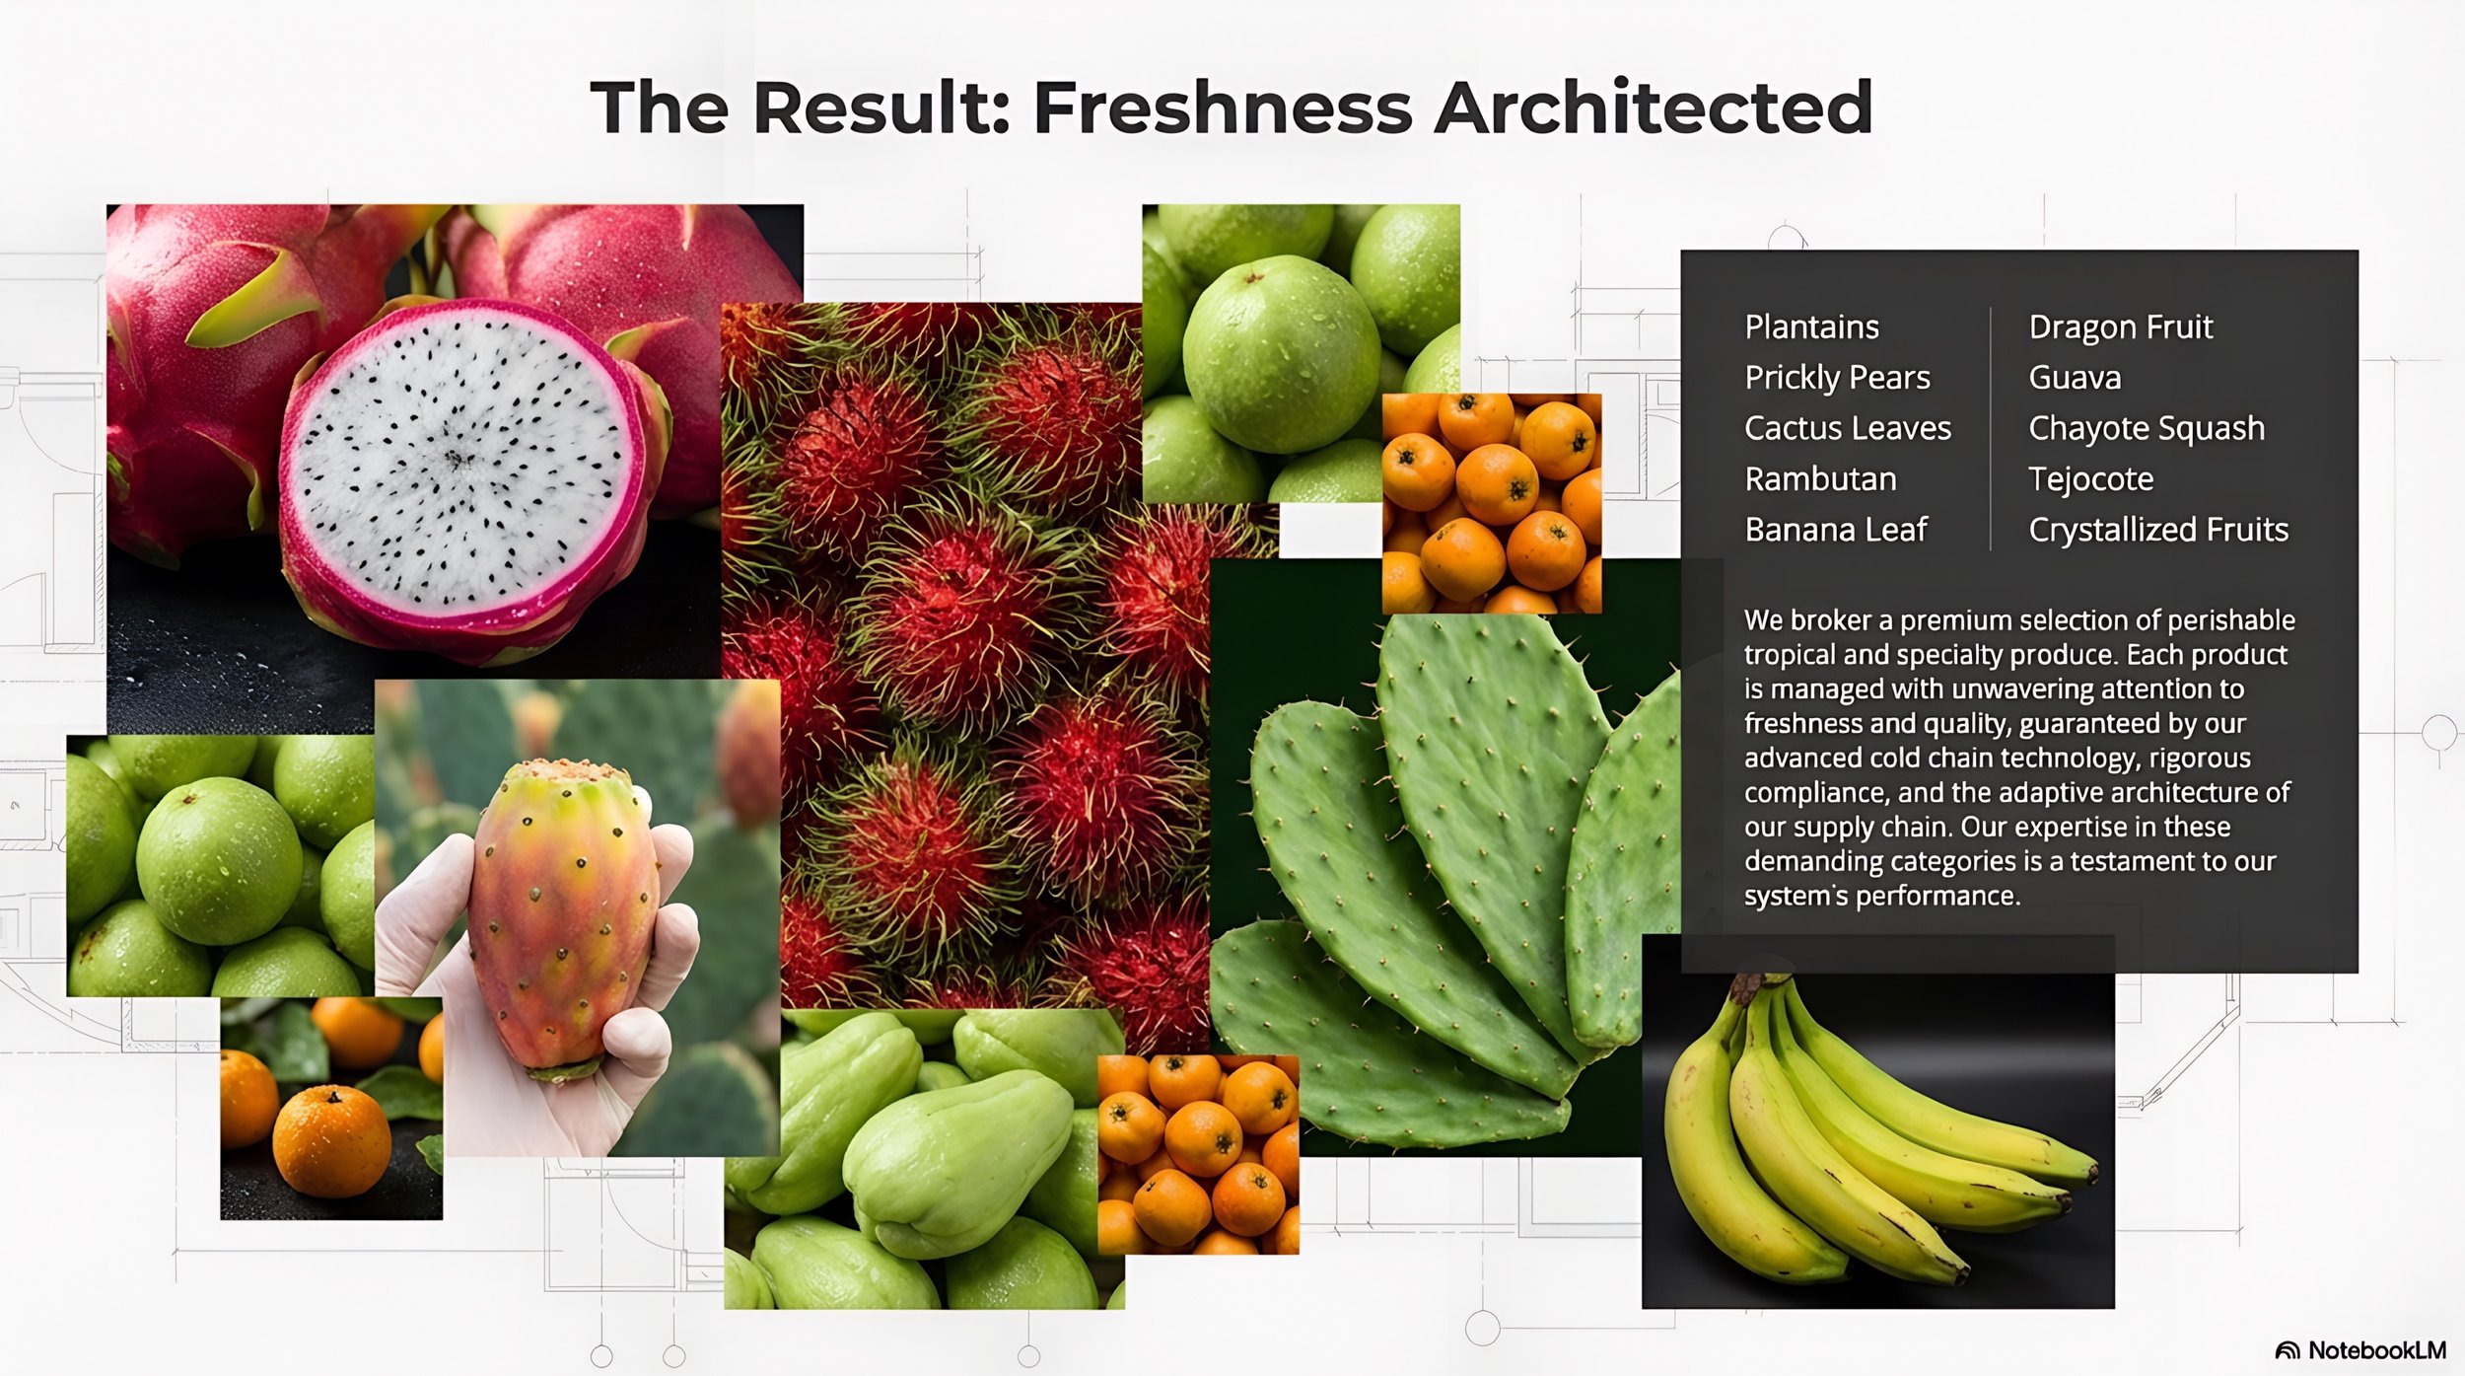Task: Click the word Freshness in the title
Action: coord(1223,108)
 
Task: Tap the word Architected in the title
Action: coord(1654,108)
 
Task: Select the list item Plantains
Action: coord(1811,327)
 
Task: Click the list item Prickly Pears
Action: coord(1837,378)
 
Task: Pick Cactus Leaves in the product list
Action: coord(1847,428)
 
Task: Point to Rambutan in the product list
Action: coord(1820,479)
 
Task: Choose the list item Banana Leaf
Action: coord(1835,530)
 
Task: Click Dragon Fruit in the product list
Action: coord(2120,327)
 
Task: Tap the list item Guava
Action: coord(2075,378)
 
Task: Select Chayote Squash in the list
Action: coord(2146,428)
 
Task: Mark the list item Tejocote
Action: coord(2090,479)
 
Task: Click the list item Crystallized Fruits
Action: coord(2157,530)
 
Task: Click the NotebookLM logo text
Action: coord(2375,1350)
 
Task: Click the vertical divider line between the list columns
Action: coord(1991,429)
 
